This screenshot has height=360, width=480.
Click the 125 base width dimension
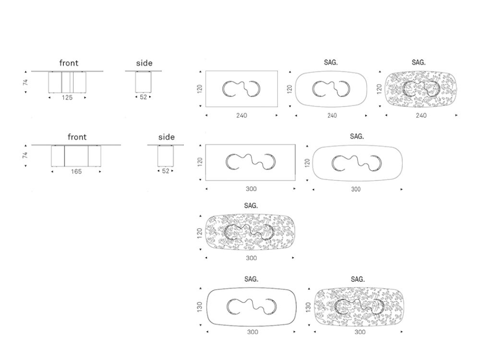tap(67, 97)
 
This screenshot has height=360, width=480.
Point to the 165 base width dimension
tap(76, 171)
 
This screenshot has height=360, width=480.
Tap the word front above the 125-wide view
tap(69, 63)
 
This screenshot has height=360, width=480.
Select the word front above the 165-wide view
tap(77, 137)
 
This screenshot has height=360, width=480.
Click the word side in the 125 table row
tap(144, 63)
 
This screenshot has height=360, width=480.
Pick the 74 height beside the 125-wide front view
tap(25, 82)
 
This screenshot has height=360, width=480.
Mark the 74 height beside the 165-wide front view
tap(25, 155)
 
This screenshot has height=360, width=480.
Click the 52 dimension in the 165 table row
tap(165, 171)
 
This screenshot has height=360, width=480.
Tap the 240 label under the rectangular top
tap(241, 115)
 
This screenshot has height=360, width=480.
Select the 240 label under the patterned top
tap(421, 115)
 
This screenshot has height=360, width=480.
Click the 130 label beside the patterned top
tap(308, 307)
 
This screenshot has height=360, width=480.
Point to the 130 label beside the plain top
tap(200, 307)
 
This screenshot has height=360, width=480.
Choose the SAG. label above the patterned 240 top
tap(419, 62)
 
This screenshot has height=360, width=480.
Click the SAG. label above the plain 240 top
tap(331, 62)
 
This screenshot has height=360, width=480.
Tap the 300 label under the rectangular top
tap(251, 189)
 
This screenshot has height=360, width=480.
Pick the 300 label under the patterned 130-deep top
tap(360, 332)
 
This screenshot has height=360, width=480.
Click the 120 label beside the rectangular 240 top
tap(200, 89)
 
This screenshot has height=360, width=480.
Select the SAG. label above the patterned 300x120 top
tap(251, 206)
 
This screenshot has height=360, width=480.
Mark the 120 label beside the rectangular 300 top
tap(200, 162)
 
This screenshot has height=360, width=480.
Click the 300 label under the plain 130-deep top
tap(252, 332)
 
